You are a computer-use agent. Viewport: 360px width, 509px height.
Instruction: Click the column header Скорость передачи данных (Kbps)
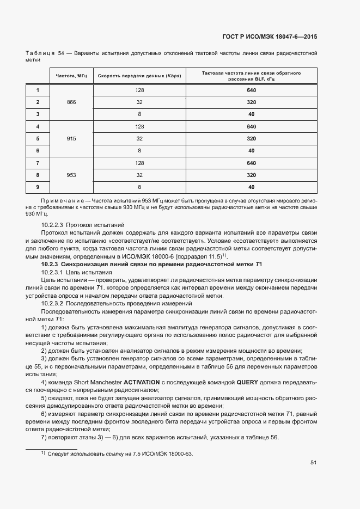139,76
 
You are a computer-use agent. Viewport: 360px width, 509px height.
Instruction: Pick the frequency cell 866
71,102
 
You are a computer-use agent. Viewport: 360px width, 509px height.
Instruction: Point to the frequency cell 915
71,139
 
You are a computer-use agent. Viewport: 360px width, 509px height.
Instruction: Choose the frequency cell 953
71,175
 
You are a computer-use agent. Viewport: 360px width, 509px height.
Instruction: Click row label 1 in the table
38,90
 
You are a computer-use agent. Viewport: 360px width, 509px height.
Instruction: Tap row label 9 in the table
38,187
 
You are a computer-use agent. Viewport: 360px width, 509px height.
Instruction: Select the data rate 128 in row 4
139,127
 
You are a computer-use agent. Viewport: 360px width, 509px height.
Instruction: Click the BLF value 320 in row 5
251,139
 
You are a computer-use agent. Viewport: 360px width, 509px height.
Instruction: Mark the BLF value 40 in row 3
251,114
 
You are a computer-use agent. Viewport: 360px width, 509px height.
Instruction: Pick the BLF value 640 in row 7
251,163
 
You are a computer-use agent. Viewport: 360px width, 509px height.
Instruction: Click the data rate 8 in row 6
139,151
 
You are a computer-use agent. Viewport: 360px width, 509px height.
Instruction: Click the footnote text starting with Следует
120,453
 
